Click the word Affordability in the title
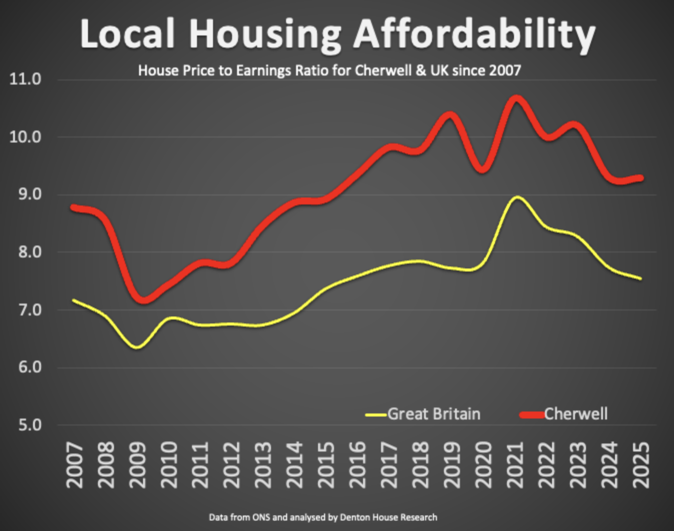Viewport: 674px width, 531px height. [x=474, y=34]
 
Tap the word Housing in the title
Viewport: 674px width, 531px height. [x=265, y=34]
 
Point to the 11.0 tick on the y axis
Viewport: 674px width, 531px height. [x=25, y=79]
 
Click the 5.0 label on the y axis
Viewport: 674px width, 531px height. [x=25, y=425]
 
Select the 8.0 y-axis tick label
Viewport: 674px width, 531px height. [x=25, y=252]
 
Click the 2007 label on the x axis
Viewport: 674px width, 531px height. [x=75, y=464]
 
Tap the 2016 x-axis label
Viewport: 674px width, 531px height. [x=357, y=464]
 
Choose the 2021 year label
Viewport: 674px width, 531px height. [x=515, y=464]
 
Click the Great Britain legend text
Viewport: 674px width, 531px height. [x=433, y=414]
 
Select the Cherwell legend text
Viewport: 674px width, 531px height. [x=575, y=414]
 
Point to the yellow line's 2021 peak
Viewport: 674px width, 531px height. [x=516, y=197]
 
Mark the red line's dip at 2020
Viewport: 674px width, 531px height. [x=482, y=169]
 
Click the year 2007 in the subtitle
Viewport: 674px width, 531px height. [x=505, y=70]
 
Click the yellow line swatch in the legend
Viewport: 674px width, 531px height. [x=375, y=414]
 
